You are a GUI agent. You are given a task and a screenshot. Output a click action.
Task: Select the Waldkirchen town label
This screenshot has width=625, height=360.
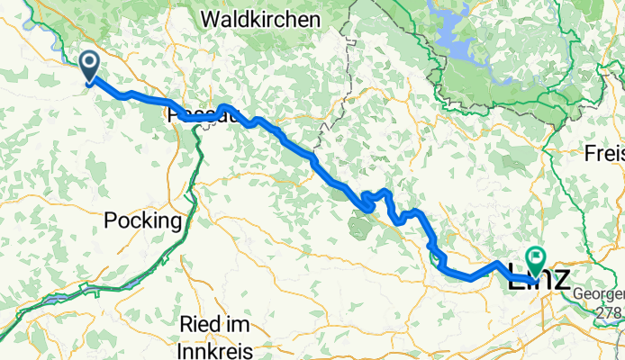point(260,19)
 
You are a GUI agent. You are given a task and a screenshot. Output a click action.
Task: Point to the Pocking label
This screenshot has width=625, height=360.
point(143,220)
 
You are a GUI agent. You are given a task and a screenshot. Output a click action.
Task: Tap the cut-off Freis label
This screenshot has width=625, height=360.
point(604,152)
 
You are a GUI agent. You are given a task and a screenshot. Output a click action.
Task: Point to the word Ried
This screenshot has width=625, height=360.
point(200,324)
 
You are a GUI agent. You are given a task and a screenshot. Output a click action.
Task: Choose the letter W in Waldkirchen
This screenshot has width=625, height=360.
point(213,19)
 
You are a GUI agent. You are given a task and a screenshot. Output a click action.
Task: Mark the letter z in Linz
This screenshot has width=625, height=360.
point(561,277)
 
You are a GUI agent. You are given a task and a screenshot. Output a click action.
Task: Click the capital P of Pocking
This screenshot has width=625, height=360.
point(111,220)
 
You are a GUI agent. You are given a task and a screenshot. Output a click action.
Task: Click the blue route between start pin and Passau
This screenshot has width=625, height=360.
point(135,94)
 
